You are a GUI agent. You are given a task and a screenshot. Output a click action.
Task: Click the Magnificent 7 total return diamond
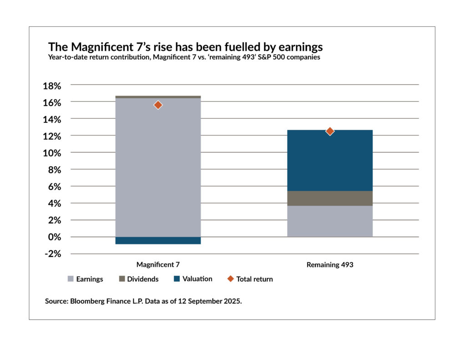pyautogui.click(x=158, y=105)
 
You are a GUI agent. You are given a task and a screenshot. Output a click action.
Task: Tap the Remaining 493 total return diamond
pyautogui.click(x=330, y=131)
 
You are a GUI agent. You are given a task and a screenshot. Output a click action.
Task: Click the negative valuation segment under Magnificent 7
pyautogui.click(x=158, y=240)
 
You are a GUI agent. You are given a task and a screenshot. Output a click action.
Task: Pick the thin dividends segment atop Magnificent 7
pyautogui.click(x=158, y=97)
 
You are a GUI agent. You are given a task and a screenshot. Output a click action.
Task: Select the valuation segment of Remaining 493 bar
pyautogui.click(x=330, y=160)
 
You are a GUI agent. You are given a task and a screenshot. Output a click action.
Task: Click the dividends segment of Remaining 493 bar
pyautogui.click(x=330, y=198)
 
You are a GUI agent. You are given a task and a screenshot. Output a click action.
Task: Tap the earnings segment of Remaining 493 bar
pyautogui.click(x=330, y=221)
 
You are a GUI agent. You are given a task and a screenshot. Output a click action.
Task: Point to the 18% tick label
pyautogui.click(x=51, y=86)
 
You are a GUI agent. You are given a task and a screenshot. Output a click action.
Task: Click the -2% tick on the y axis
pyautogui.click(x=51, y=254)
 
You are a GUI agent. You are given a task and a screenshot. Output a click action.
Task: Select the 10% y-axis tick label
pyautogui.click(x=51, y=153)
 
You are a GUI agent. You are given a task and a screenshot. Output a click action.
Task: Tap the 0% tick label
pyautogui.click(x=54, y=237)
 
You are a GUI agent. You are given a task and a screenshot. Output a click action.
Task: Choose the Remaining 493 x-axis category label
pyautogui.click(x=330, y=264)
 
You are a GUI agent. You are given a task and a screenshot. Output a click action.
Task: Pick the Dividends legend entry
pyautogui.click(x=139, y=279)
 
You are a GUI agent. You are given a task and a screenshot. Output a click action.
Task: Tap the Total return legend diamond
pyautogui.click(x=230, y=279)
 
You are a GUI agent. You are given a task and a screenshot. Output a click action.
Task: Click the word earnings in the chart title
pyautogui.click(x=296, y=47)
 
